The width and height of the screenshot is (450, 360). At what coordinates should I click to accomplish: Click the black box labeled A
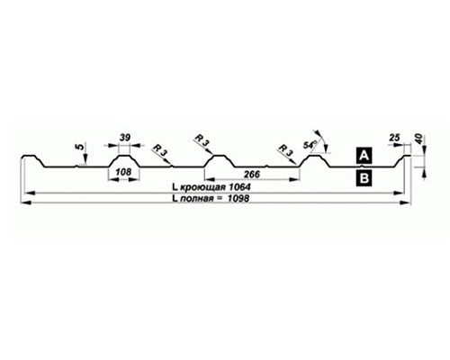coord(364,156)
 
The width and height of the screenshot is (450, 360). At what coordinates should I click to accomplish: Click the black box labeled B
coord(364,178)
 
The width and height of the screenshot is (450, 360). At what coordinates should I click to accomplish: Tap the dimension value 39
coord(125,138)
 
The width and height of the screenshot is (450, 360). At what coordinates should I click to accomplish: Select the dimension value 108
coord(123,172)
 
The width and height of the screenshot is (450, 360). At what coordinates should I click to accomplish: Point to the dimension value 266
coord(252,175)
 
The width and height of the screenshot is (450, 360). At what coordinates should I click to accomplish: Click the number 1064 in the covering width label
coord(239,187)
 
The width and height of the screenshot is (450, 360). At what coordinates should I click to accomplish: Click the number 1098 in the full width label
coord(238,198)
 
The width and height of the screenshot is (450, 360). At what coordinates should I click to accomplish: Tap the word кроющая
coord(202,187)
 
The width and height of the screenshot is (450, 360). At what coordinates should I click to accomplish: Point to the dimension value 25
coord(395,138)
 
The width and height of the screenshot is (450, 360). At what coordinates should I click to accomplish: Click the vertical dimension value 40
coord(419,139)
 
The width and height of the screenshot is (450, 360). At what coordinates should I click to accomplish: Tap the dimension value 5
coord(80,147)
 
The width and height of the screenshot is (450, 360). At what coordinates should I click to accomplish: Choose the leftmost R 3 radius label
coord(159,149)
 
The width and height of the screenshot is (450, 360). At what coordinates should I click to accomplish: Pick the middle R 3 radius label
coord(202,140)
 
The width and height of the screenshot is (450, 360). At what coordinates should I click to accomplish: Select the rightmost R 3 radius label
coord(285,149)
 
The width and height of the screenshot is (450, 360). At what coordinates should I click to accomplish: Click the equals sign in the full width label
coord(220,199)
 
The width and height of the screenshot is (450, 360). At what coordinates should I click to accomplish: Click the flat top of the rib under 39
coord(124,156)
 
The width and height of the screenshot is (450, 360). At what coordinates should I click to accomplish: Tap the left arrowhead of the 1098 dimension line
coord(26,203)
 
